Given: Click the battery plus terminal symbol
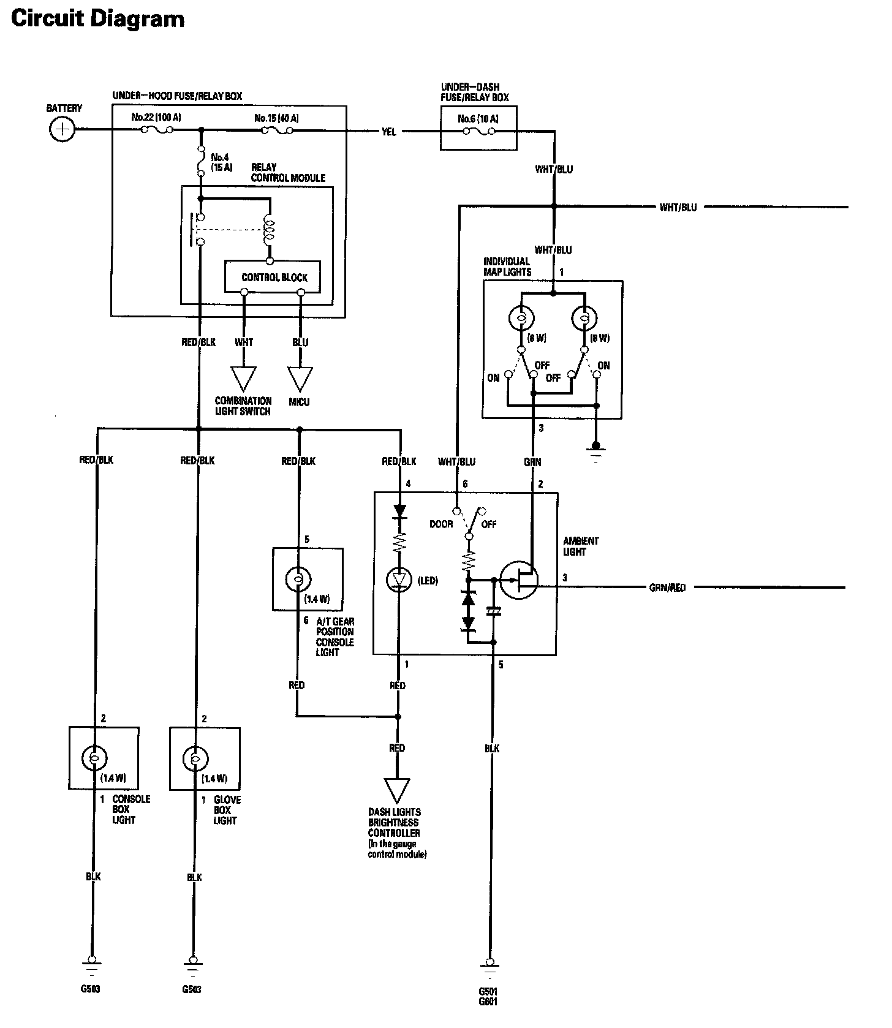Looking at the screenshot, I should click(x=62, y=129).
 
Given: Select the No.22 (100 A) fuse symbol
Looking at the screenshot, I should click(x=157, y=130).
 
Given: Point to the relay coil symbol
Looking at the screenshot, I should click(x=268, y=229).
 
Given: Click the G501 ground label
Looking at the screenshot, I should click(x=488, y=991).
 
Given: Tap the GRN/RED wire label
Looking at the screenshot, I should click(x=667, y=588).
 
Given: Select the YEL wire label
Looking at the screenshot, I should click(x=388, y=132).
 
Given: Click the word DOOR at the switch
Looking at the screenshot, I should click(x=441, y=524).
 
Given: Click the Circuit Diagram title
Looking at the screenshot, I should click(x=98, y=19).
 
